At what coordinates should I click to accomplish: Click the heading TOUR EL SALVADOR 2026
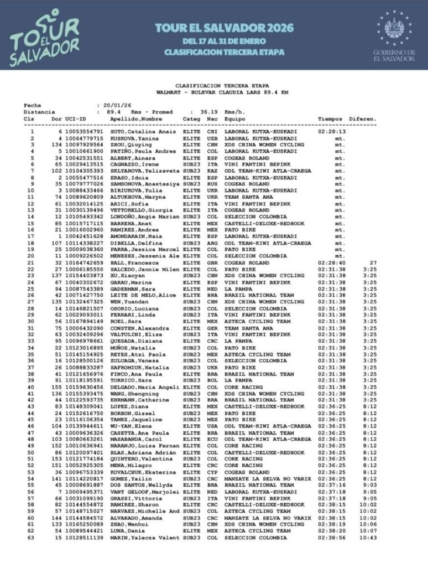224,28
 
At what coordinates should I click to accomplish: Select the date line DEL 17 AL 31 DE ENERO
224,42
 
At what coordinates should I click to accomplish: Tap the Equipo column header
234,118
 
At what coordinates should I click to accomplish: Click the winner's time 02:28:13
331,132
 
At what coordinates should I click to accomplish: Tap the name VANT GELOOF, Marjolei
144,492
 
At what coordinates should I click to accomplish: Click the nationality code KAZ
212,171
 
